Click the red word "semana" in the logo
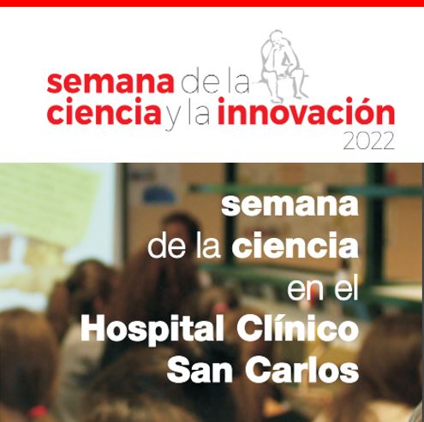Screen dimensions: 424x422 (110, 83)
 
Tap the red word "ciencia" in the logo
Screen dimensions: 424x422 (104, 111)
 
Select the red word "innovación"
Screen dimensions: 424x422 (306, 111)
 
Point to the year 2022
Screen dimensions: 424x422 (368, 141)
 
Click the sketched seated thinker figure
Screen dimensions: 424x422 (283, 66)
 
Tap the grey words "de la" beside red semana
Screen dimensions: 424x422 (216, 83)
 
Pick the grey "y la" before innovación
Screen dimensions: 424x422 (188, 114)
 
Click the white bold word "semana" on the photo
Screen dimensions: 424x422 (290, 205)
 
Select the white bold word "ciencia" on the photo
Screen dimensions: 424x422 (295, 246)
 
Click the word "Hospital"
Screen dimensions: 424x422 (152, 330)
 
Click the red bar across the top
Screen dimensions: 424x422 (212, 3)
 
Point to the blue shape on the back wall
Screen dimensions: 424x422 (158, 195)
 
